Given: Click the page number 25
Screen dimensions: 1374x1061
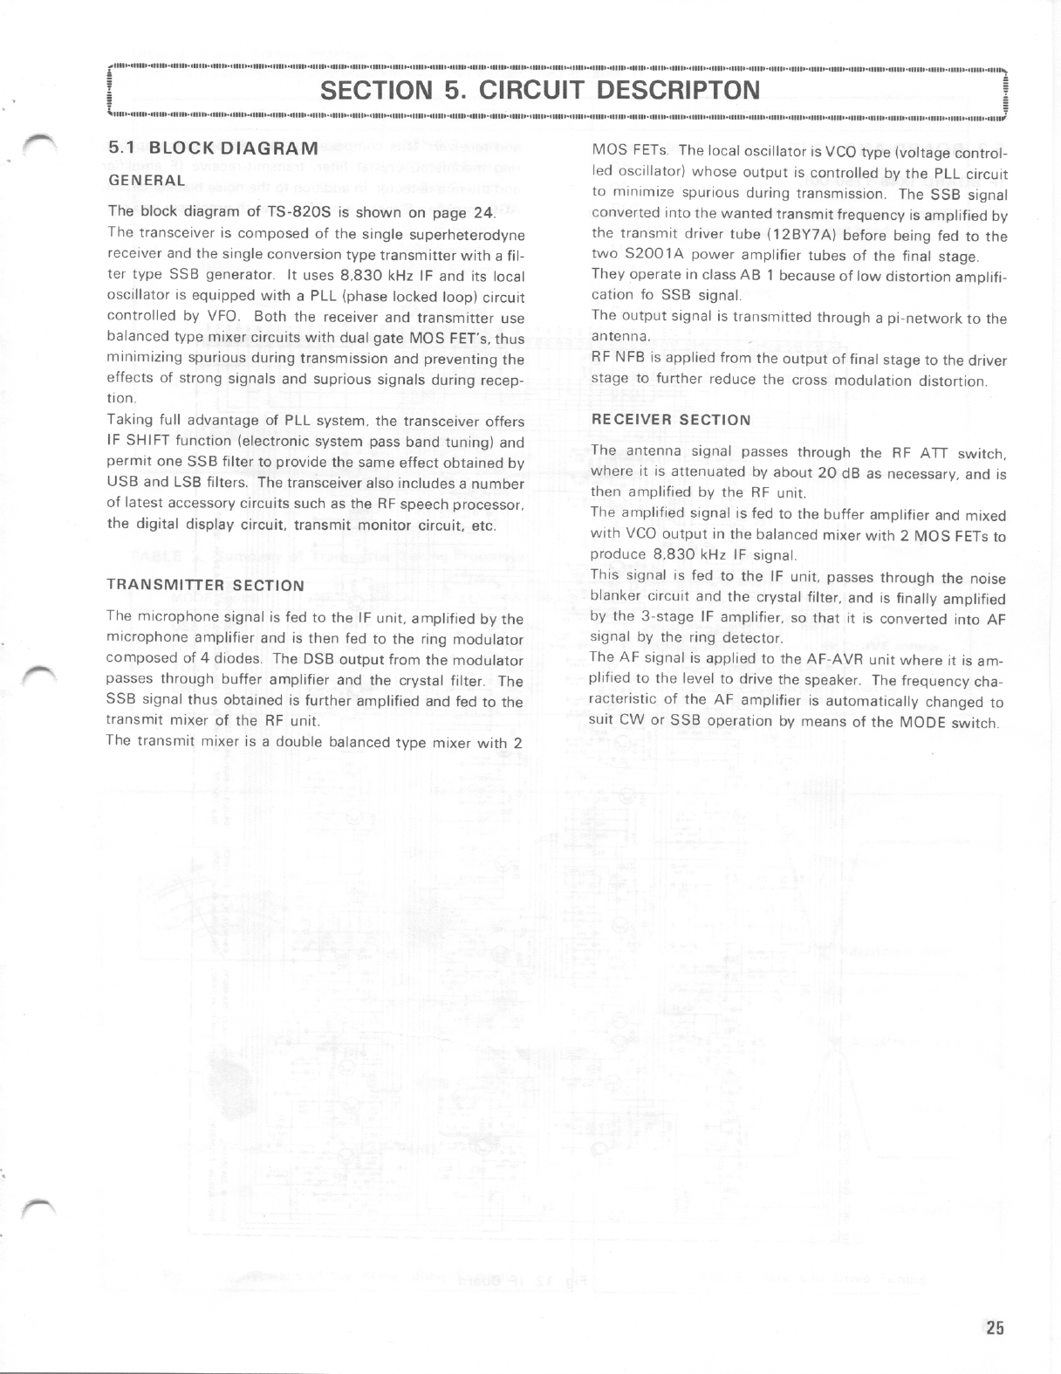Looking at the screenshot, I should pyautogui.click(x=994, y=1328).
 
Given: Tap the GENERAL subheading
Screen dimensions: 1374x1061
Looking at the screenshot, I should pyautogui.click(x=146, y=180).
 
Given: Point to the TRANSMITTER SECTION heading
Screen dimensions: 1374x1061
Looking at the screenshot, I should pyautogui.click(x=205, y=585).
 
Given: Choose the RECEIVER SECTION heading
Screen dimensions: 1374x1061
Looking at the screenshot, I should pyautogui.click(x=670, y=420).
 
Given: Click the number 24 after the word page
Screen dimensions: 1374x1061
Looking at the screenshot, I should pyautogui.click(x=484, y=212).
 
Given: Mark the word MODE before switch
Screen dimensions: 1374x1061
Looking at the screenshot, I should pyautogui.click(x=923, y=723).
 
